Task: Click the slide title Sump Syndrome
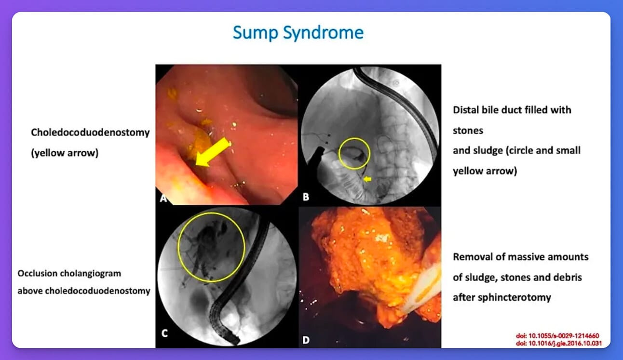[298, 33]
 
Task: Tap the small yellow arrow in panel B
[367, 179]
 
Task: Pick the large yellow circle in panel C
[211, 247]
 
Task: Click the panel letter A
[162, 197]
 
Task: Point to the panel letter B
[305, 197]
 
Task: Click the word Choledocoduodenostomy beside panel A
[90, 133]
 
